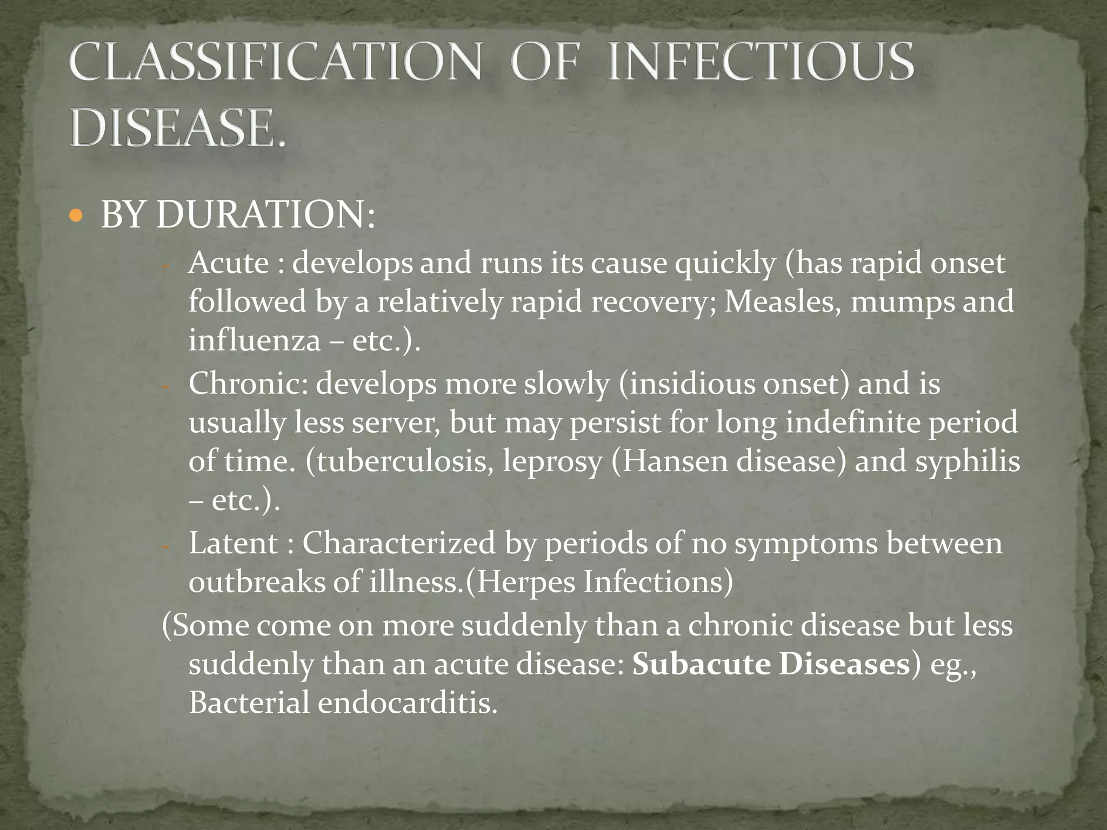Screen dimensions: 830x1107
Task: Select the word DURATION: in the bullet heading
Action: [265, 215]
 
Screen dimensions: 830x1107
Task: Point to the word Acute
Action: [229, 264]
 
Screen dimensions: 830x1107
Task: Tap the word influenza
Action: [254, 340]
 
